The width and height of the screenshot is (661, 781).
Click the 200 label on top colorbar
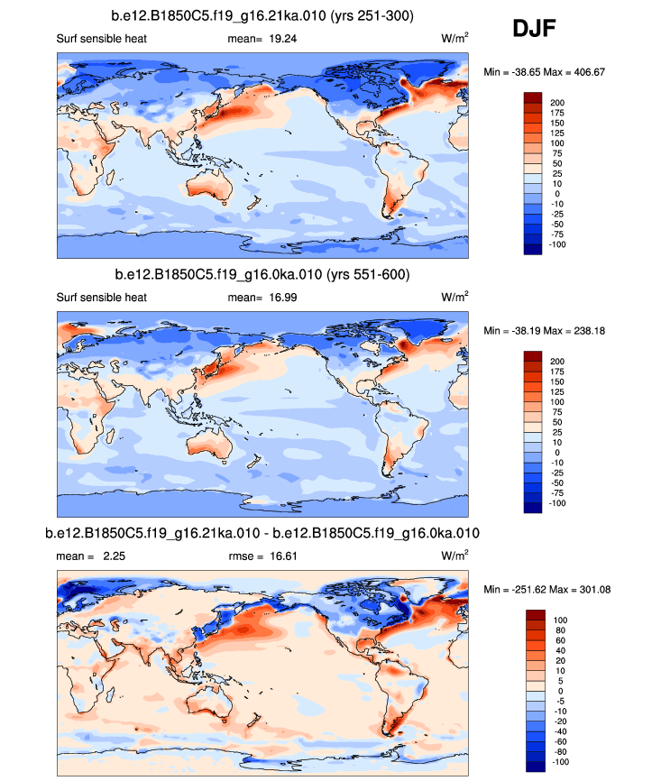(558, 103)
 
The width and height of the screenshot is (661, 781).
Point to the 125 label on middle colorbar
(558, 391)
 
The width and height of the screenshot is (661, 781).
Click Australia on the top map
(212, 192)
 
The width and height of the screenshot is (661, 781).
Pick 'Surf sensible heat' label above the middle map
(101, 297)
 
